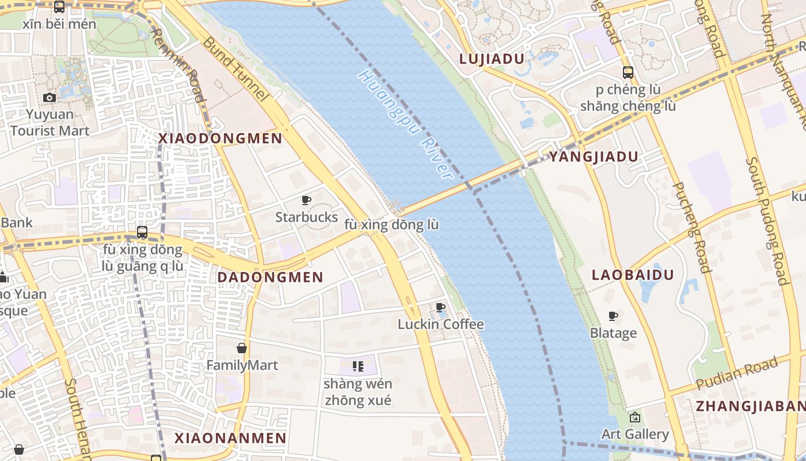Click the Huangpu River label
pyautogui.click(x=405, y=124)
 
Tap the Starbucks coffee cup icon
pyautogui.click(x=306, y=200)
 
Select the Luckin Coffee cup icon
pyautogui.click(x=440, y=307)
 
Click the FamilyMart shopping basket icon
pyautogui.click(x=242, y=348)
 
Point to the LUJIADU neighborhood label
pyautogui.click(x=491, y=59)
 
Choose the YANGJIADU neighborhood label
pyautogui.click(x=594, y=157)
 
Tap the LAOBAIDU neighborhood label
pyautogui.click(x=633, y=275)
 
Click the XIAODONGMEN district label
pyautogui.click(x=220, y=138)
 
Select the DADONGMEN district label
pyautogui.click(x=270, y=277)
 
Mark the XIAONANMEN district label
pyautogui.click(x=230, y=438)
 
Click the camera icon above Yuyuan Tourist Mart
pyautogui.click(x=50, y=97)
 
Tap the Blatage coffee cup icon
pyautogui.click(x=613, y=316)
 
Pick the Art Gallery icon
pyautogui.click(x=635, y=417)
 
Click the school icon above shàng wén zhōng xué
pyautogui.click(x=358, y=366)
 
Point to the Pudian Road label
pyautogui.click(x=737, y=373)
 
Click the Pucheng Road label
pyautogui.click(x=691, y=228)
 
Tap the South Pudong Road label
pyautogui.click(x=766, y=221)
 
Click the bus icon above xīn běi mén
pyautogui.click(x=59, y=7)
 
